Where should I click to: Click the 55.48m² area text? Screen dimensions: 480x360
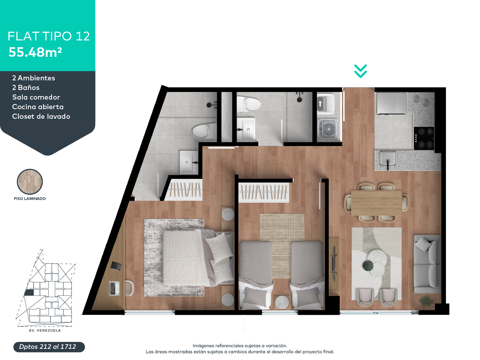35,52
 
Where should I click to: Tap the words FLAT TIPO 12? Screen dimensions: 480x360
49,36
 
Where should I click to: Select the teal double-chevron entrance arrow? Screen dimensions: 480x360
360,71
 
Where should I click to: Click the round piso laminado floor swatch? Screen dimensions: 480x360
30,182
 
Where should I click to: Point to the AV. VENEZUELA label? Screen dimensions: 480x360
45,330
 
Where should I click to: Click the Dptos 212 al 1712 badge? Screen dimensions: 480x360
49,347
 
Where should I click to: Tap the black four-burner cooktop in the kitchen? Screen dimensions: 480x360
424,138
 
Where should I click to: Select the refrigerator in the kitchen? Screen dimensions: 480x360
392,103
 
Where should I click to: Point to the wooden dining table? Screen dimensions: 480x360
376,203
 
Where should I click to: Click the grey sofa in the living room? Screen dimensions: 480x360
427,264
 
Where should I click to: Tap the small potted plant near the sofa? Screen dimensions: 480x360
426,302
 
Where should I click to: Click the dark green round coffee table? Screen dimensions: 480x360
368,266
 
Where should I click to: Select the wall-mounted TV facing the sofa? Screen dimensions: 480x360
334,263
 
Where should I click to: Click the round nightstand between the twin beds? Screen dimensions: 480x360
282,302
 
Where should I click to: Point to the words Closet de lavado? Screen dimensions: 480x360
41,116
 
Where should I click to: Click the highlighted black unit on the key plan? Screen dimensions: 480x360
29,292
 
